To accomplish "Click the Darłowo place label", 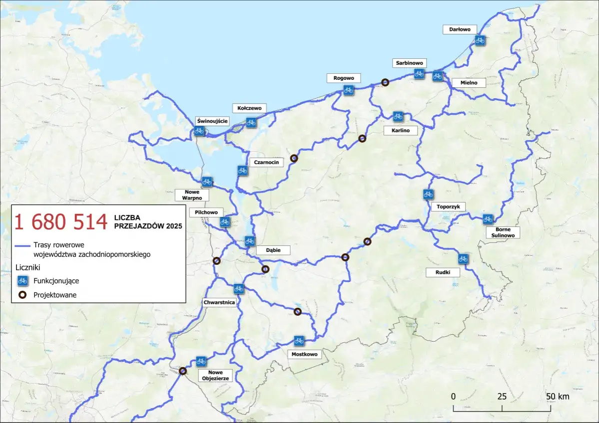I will coord(460,29).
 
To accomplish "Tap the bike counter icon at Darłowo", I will coord(480,40).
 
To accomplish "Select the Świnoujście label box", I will coord(212,121).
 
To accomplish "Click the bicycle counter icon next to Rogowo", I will coord(348,90).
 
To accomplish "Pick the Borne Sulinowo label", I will coord(503,232).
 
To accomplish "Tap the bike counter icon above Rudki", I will coord(463,258).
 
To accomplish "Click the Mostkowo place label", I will coord(303,354).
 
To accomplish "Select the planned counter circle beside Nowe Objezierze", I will coord(183,371).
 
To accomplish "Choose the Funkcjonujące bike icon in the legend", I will coord(22,281).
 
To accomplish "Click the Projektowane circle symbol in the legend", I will coord(22,295).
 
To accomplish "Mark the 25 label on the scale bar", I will coord(502,397).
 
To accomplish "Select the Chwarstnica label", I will coord(218,302).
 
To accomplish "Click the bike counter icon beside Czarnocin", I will coord(242,171).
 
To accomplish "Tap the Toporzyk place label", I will coord(448,207).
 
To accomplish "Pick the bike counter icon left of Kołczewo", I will coord(251,122).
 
